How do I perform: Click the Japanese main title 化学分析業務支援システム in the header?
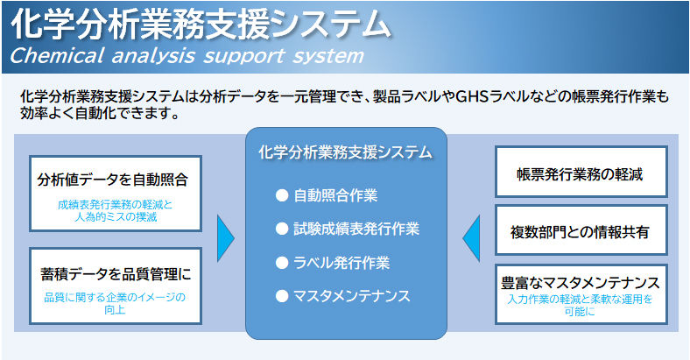[201, 24]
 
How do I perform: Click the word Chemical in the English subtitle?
[57, 56]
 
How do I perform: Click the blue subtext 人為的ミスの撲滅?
[116, 217]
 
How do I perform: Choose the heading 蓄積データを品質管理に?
[116, 274]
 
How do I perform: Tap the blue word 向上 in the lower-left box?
[115, 310]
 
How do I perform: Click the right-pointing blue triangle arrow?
[226, 238]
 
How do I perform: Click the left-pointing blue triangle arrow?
[471, 238]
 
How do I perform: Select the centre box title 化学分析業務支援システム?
[346, 152]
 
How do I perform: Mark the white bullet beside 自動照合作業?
[282, 195]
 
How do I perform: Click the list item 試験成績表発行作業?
[356, 229]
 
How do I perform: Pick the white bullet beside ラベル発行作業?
[282, 263]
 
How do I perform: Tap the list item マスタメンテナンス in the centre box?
[352, 296]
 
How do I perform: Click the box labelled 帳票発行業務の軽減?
[581, 172]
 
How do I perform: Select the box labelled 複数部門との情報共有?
[581, 229]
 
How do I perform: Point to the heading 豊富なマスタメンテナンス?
[581, 283]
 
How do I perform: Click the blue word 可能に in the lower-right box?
[580, 312]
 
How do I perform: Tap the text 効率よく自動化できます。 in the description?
[101, 114]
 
